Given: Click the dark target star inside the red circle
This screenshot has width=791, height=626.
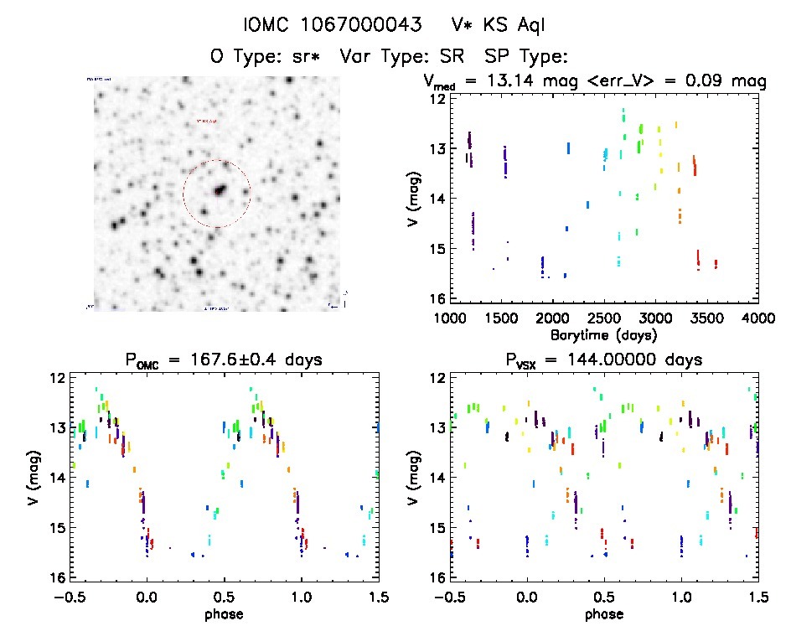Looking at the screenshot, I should tap(220, 190).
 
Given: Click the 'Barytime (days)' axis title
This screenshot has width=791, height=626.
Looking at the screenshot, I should tap(604, 334).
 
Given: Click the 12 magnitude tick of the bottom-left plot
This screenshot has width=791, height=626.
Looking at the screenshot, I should tap(58, 378).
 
